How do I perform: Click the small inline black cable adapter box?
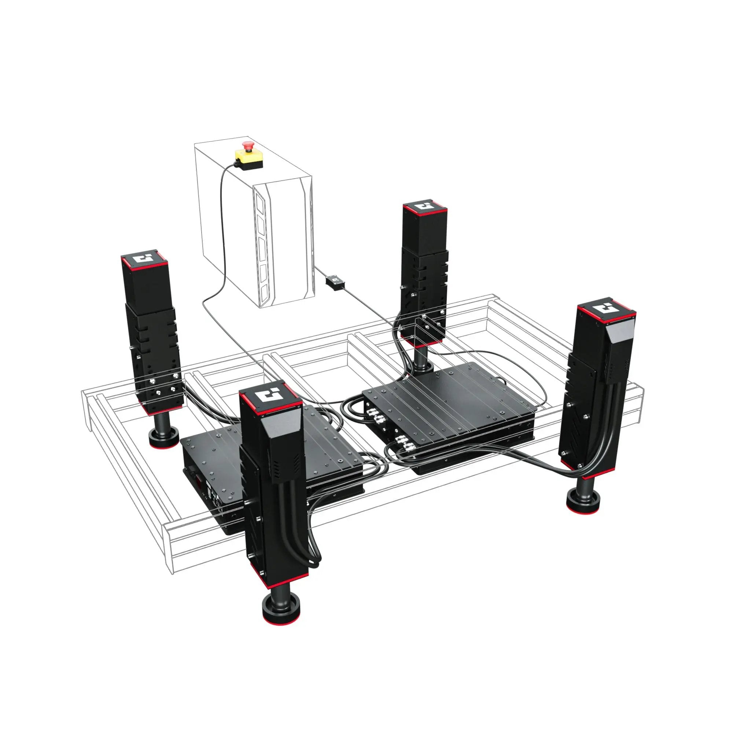coord(335,282)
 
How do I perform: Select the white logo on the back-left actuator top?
coord(144,258)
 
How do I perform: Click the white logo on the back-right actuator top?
coord(424,207)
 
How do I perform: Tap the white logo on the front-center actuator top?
coord(270,395)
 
